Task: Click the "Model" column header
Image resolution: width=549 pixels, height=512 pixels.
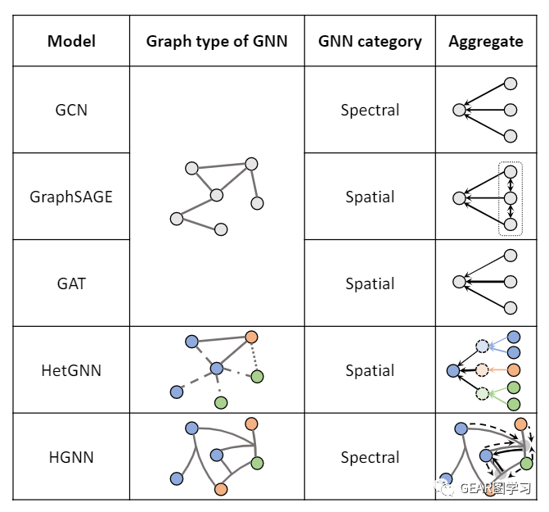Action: [71, 41]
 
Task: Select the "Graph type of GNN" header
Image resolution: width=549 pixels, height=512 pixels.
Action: [217, 41]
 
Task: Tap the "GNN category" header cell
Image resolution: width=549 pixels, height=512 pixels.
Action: [370, 41]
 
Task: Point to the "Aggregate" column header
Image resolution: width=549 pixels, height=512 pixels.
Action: [485, 41]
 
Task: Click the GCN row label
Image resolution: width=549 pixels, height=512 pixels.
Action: [71, 110]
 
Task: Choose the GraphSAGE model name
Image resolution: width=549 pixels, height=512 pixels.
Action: [71, 197]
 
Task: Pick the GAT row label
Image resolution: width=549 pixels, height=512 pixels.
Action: [71, 283]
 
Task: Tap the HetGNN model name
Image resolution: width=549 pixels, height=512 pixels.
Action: [71, 370]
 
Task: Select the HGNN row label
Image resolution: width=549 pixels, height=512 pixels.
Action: [71, 457]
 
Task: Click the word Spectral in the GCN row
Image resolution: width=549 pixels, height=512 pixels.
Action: [370, 110]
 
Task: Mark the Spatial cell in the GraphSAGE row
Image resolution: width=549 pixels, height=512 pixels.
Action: [370, 197]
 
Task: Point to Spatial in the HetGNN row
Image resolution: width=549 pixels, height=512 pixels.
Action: [370, 370]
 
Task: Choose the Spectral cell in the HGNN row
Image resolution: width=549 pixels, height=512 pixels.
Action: [370, 457]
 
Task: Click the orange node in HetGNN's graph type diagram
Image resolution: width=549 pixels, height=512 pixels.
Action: [251, 337]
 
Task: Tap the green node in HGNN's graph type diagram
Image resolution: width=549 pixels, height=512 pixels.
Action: [257, 463]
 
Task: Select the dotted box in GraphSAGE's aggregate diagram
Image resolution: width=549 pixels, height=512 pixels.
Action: [510, 198]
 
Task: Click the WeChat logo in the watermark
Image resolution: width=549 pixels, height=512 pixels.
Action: [444, 487]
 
